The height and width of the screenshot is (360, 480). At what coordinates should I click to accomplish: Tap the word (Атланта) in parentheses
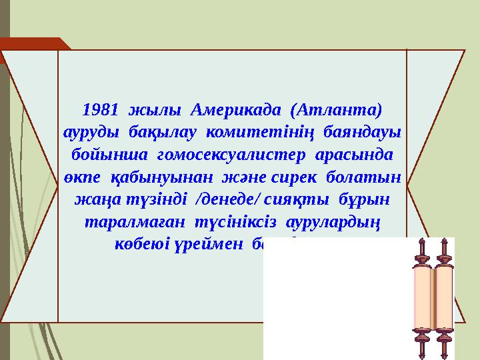point(339,108)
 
